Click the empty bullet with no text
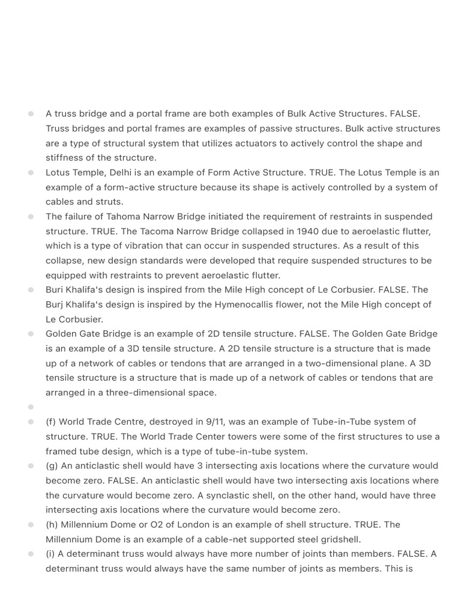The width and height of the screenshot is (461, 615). coord(31,407)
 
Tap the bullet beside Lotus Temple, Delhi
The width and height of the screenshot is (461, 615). coord(31,172)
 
